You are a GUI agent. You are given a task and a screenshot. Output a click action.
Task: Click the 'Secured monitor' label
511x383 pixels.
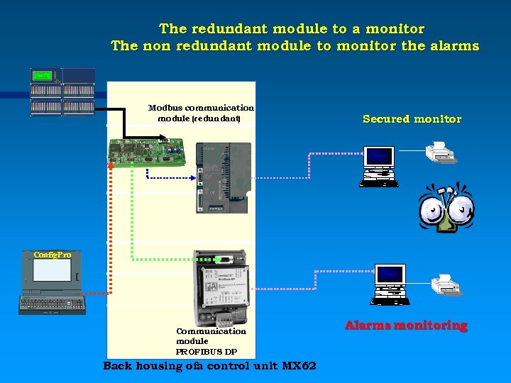pyautogui.click(x=412, y=119)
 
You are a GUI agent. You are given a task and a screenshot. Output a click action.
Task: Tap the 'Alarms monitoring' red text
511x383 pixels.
pyautogui.click(x=406, y=326)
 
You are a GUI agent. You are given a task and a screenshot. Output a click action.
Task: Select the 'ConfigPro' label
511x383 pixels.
pyautogui.click(x=53, y=255)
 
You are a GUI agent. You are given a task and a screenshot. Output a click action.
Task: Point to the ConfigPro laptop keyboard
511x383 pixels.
pyautogui.click(x=52, y=304)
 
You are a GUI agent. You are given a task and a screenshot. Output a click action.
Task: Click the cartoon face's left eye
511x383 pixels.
pyautogui.click(x=432, y=209)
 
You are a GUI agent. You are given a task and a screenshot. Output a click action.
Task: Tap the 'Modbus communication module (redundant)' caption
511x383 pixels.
pyautogui.click(x=200, y=113)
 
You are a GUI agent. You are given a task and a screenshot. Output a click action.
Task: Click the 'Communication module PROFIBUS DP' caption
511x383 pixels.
pyautogui.click(x=211, y=341)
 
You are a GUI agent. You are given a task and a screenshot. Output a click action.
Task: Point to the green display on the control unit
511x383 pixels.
pyautogui.click(x=42, y=75)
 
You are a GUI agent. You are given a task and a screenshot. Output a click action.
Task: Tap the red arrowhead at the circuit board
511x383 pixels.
pyautogui.click(x=111, y=165)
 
